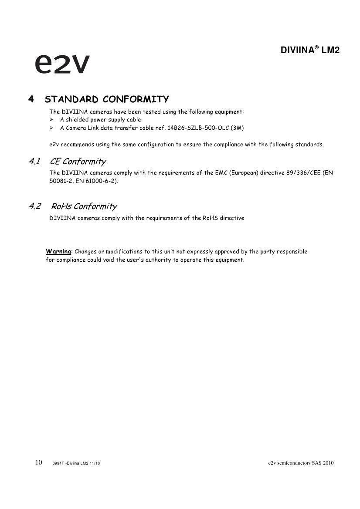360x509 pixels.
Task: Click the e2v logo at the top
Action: [62, 64]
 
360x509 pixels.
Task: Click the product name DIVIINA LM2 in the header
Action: [310, 51]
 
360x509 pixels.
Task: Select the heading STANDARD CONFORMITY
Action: [107, 99]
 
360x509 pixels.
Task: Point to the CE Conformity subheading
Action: [78, 162]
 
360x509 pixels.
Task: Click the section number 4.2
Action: [35, 206]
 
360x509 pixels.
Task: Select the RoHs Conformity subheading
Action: [84, 206]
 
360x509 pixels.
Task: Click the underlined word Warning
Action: [58, 252]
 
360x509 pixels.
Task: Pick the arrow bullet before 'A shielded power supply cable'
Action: [51, 120]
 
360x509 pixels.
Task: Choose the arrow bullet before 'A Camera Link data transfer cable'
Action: [51, 128]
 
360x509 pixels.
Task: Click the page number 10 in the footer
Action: [38, 462]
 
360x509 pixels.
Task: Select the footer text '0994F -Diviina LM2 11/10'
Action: [76, 463]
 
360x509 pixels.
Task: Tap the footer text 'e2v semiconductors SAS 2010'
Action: [301, 463]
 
